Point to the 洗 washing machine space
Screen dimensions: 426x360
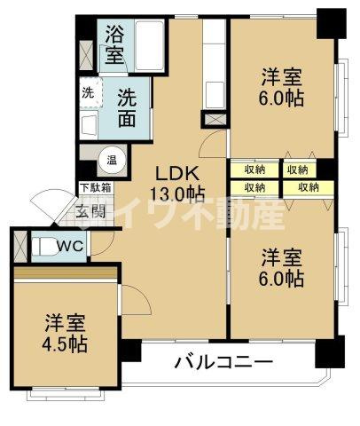[90, 92]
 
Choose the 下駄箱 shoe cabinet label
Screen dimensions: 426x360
[95, 187]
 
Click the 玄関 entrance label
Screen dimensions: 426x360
[88, 211]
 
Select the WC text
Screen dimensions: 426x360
[71, 246]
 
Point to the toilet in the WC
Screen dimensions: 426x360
[41, 245]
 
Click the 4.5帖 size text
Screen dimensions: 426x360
[65, 343]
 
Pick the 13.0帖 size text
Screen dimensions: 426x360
[176, 194]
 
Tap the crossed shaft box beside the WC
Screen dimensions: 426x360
[19, 245]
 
